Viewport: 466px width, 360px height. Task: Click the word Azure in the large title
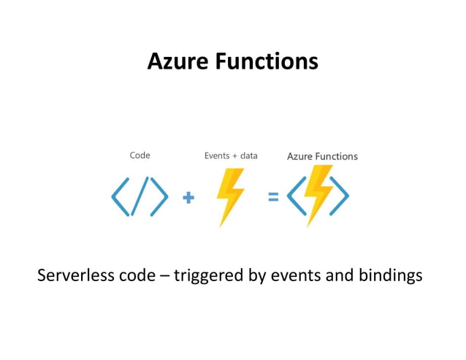(177, 61)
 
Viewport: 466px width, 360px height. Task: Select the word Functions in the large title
(267, 61)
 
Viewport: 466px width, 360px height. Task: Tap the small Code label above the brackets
(140, 155)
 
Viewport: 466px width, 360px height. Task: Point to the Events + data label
(231, 156)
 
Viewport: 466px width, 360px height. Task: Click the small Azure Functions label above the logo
(322, 156)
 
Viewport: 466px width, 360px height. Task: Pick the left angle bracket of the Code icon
(120, 196)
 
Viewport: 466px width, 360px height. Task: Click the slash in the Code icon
(140, 196)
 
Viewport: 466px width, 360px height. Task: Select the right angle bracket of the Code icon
(159, 196)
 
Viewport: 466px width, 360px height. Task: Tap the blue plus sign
(188, 197)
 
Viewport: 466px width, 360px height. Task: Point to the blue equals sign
(273, 196)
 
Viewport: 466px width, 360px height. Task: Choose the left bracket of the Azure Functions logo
(297, 196)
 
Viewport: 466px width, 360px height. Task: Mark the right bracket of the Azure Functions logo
(340, 196)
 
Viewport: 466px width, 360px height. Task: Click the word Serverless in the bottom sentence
(76, 275)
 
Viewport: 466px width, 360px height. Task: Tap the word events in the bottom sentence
(296, 275)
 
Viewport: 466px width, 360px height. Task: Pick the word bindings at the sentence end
(391, 276)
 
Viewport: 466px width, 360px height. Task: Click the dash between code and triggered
(164, 276)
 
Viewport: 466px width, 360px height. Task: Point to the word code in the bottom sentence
(137, 275)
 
